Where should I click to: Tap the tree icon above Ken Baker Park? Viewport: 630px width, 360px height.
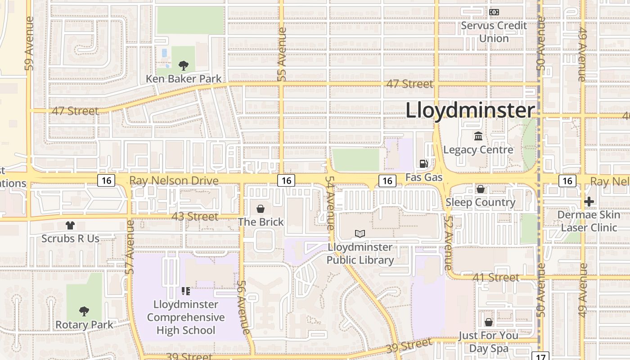[183, 66]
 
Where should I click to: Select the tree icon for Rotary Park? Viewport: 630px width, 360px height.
[84, 311]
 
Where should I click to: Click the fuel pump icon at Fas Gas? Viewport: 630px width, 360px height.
[423, 164]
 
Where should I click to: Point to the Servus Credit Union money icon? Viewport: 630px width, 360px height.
[494, 12]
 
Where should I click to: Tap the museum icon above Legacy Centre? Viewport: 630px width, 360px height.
[478, 136]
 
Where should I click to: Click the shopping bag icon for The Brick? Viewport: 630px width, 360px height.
[260, 209]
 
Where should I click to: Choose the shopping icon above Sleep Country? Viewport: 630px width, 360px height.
[481, 189]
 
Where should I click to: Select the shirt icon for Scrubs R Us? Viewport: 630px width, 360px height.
[70, 225]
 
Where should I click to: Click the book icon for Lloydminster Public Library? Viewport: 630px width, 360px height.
[360, 234]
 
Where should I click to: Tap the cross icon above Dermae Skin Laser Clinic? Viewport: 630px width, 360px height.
[589, 202]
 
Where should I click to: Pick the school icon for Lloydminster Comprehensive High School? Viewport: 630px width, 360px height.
[185, 291]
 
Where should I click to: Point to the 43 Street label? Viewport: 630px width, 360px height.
[195, 216]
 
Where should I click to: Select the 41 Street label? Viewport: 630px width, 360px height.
[496, 277]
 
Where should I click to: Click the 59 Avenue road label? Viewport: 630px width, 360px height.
[30, 44]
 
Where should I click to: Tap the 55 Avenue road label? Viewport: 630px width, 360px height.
[282, 54]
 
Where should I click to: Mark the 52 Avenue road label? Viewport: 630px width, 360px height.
[448, 243]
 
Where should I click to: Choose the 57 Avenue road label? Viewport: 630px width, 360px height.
[130, 247]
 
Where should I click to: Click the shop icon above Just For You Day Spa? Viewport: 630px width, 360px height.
[488, 322]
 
